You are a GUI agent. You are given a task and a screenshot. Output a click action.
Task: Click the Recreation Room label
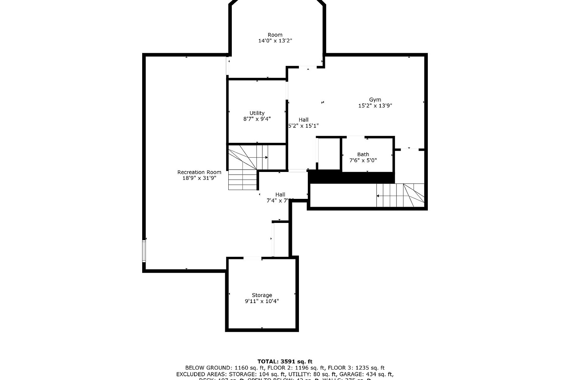point(199,172)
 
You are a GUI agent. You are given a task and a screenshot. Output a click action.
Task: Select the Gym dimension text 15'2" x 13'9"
point(375,106)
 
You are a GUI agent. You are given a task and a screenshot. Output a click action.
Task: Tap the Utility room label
point(257,113)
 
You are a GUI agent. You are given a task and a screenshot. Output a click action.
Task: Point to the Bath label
point(363,155)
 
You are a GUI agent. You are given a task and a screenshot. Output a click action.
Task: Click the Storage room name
point(262,295)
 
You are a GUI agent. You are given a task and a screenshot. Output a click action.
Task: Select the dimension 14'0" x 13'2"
point(275,41)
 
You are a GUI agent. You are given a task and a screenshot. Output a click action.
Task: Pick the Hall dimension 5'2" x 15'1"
point(303,126)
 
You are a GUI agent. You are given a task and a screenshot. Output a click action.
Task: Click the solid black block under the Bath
point(351,177)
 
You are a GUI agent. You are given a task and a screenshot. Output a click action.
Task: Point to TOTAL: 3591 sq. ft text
point(285,361)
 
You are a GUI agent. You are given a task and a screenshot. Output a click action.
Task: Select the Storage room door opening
point(252,258)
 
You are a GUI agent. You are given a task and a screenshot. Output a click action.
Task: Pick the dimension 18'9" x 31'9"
point(199,178)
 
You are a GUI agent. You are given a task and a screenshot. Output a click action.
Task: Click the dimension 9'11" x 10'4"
point(262,301)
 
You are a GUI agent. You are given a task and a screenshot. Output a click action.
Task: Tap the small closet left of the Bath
point(329,154)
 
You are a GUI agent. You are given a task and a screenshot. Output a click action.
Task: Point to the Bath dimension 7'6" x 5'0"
point(363,161)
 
